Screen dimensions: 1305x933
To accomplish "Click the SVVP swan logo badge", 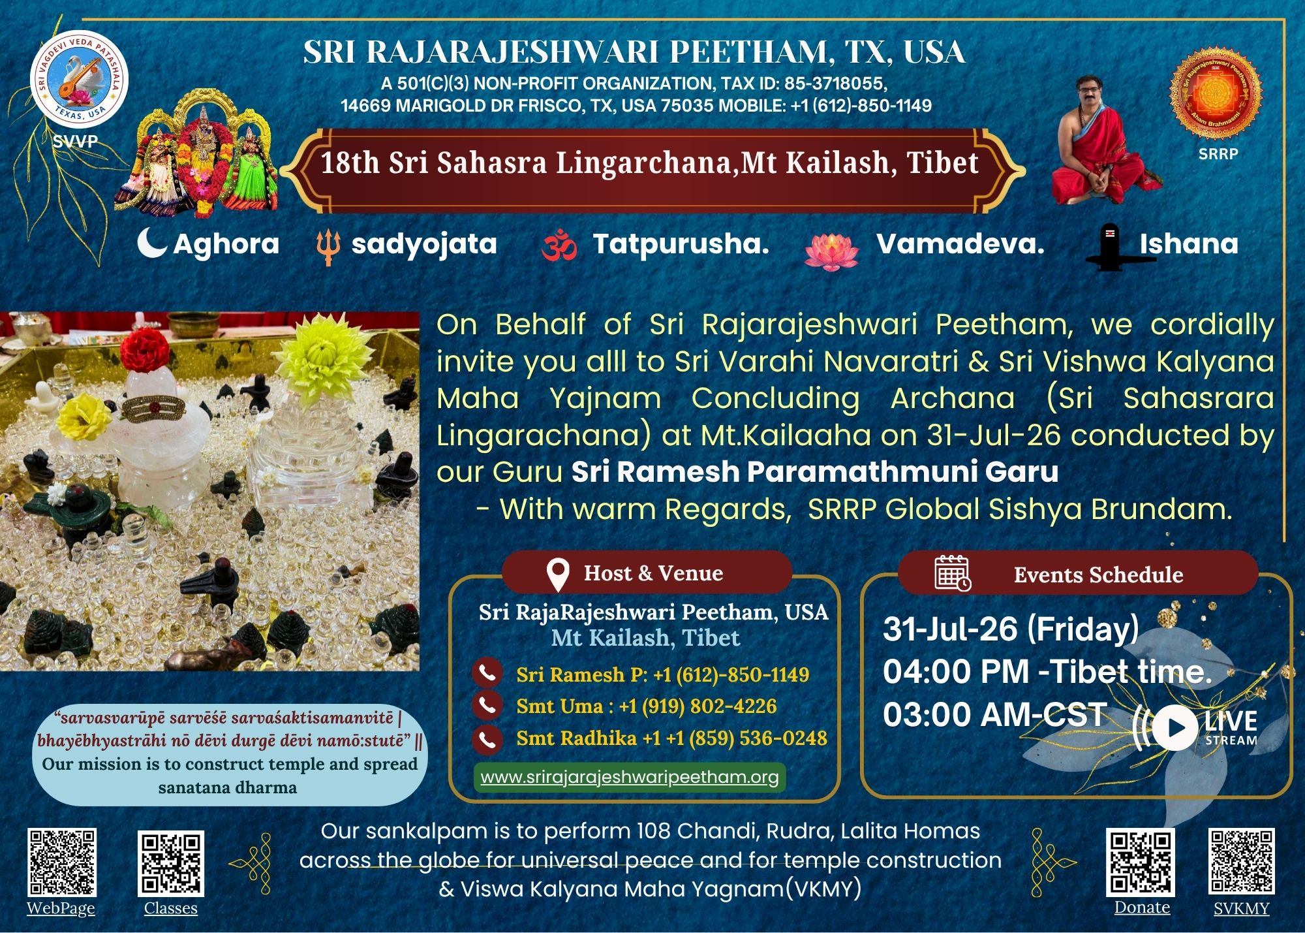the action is tap(79, 79).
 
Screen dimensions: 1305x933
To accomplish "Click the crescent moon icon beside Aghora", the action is tap(152, 243).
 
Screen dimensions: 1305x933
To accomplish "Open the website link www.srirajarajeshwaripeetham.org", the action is tap(630, 777).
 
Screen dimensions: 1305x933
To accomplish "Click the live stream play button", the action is tap(1174, 727).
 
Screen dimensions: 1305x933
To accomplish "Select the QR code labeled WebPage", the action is tap(62, 862).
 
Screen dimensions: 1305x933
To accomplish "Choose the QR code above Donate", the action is tap(1140, 862).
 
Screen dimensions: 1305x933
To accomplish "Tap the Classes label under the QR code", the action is tap(171, 908).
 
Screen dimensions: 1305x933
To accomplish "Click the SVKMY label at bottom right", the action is tap(1242, 908).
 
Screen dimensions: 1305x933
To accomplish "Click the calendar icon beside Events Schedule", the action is tap(953, 573).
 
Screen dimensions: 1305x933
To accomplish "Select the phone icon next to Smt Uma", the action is tap(487, 706).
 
